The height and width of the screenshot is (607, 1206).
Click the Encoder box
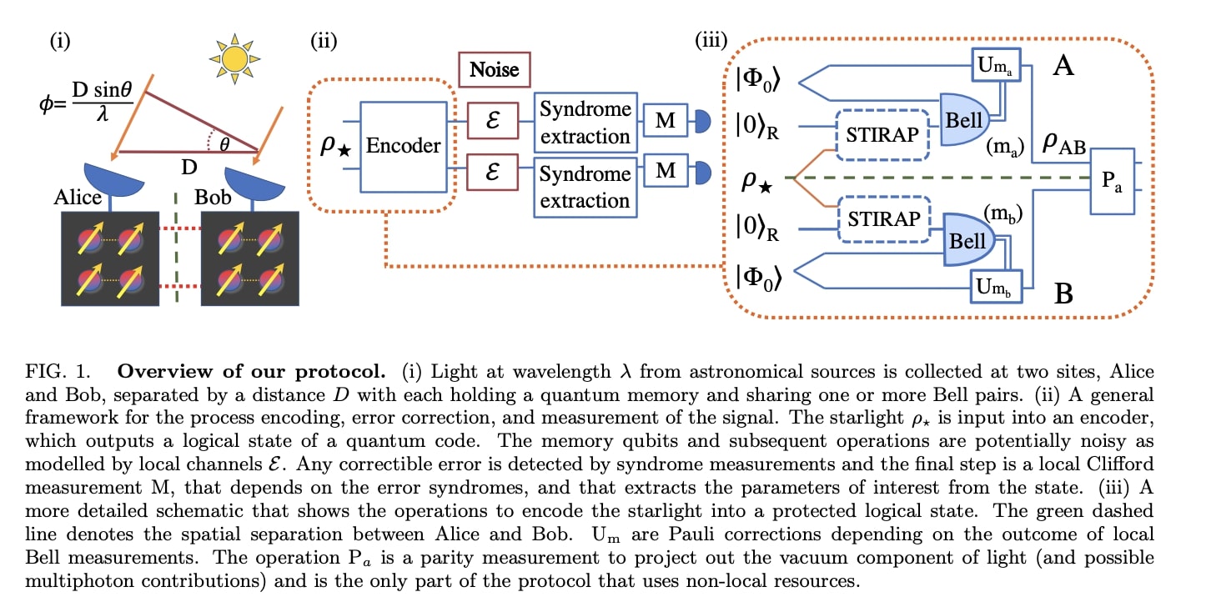(404, 144)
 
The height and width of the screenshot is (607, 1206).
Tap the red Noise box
(495, 70)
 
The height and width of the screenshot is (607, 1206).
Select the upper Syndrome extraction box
(584, 122)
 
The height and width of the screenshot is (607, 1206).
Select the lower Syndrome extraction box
(584, 188)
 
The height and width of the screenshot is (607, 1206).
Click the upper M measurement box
(665, 122)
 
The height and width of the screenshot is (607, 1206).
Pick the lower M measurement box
(665, 172)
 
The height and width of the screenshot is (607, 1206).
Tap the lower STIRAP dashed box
(883, 219)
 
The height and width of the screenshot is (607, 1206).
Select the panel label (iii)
(711, 39)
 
